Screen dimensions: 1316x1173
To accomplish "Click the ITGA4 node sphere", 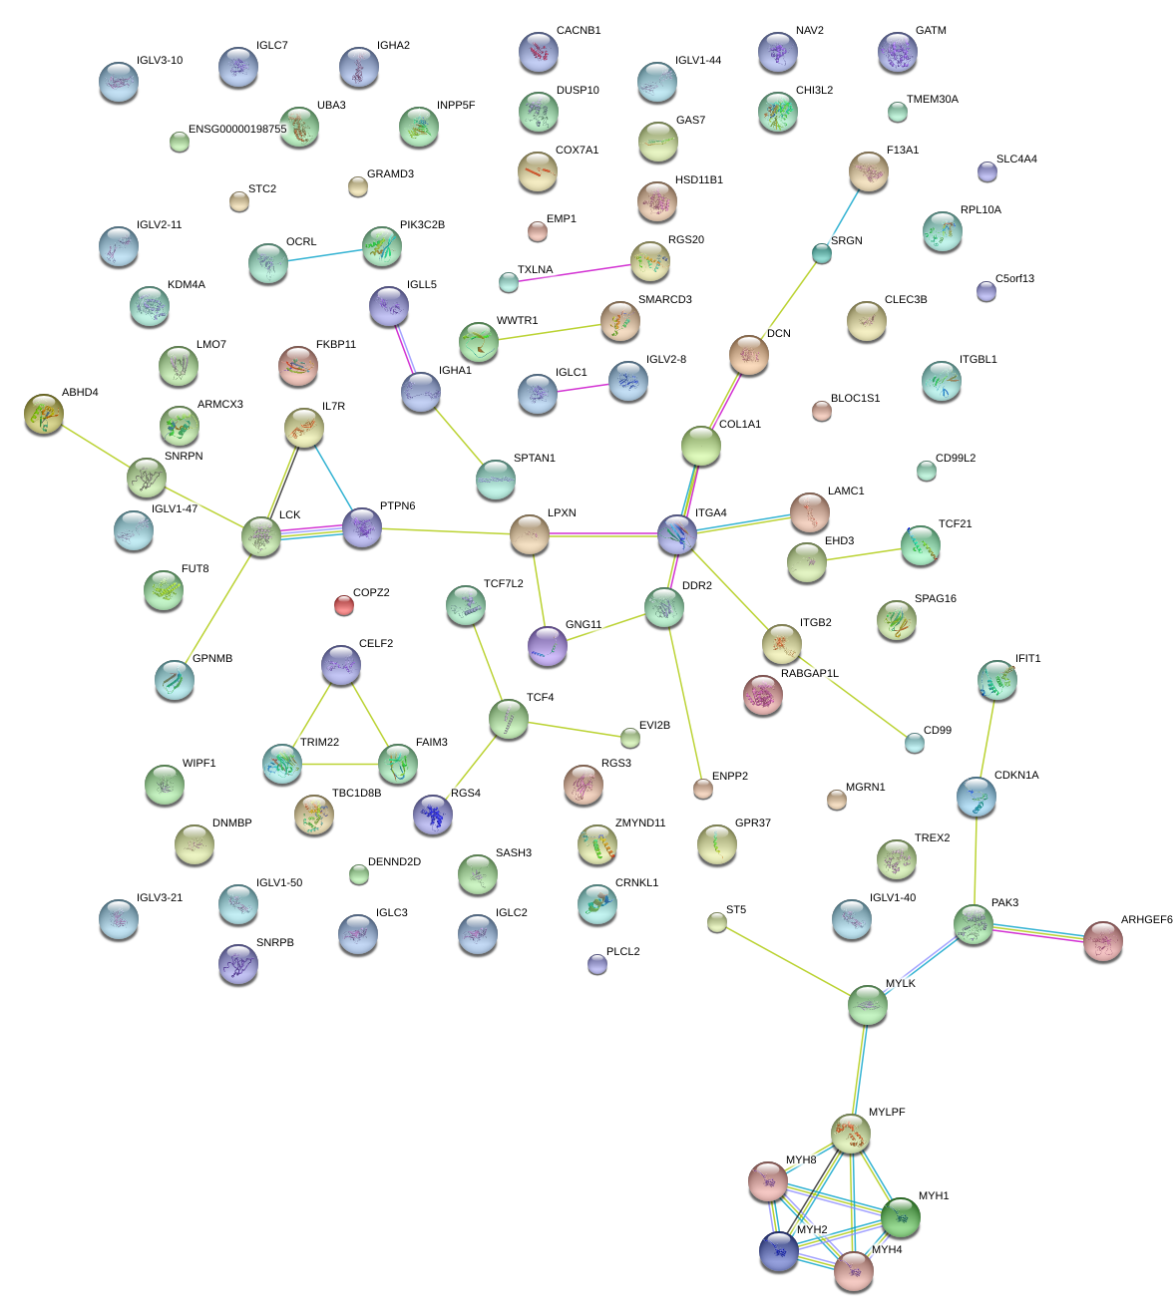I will [x=677, y=535].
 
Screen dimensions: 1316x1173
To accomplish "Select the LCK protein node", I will [x=261, y=536].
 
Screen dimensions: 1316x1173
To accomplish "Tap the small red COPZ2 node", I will [x=343, y=604].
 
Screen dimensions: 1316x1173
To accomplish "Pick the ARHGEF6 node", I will [x=1103, y=940].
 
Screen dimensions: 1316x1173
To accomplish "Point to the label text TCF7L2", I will [x=503, y=584].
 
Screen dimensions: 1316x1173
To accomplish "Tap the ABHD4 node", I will [x=44, y=414].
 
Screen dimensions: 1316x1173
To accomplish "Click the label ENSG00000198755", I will [x=237, y=130].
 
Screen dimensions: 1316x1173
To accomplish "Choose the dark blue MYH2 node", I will [x=779, y=1251].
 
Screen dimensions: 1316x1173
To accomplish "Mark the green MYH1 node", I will [x=901, y=1216].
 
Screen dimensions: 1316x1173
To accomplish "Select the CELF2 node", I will [x=341, y=665].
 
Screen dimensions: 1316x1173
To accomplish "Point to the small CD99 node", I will [x=915, y=742].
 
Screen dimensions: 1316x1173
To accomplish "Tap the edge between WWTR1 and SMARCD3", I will [x=549, y=331].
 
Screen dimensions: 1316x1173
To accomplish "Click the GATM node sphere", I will [x=898, y=52].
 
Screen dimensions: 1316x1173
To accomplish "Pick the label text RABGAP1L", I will [x=809, y=674].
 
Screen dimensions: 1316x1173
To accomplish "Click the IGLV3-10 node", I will [x=119, y=81].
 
